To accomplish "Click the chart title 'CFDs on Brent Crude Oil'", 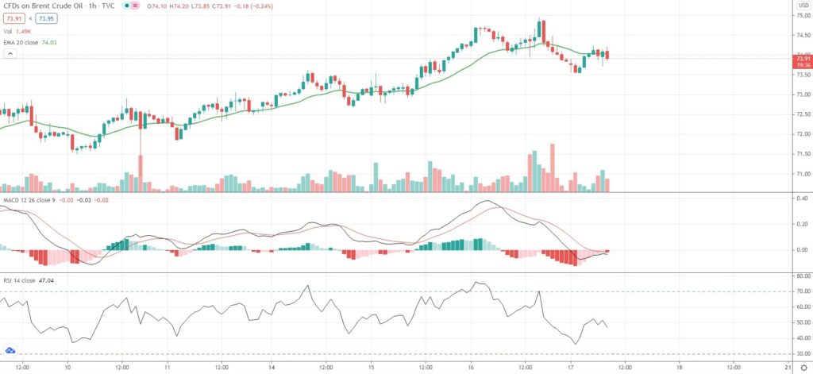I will pyautogui.click(x=41, y=6).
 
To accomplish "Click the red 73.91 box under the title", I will pyautogui.click(x=13, y=18).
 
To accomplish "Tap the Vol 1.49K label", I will pyautogui.click(x=17, y=31).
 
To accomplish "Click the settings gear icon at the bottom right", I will pyautogui.click(x=803, y=368).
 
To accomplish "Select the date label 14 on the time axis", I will pyautogui.click(x=271, y=368).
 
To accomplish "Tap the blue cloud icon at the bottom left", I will pyautogui.click(x=10, y=349).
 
